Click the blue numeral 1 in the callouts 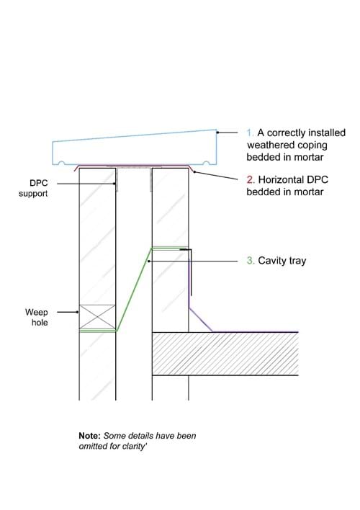coord(250,133)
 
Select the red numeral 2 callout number coord(251,179)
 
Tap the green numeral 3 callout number coord(251,260)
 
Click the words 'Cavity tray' coord(282,261)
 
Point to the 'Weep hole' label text coord(37,317)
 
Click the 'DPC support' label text coord(33,188)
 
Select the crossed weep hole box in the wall coord(98,317)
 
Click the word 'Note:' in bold coord(89,436)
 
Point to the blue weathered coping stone coord(135,148)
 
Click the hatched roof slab coord(225,354)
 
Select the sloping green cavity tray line coord(135,290)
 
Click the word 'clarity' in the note coord(134,446)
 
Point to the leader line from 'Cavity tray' coord(193,261)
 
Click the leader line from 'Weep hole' coord(68,312)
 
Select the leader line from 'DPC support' coord(86,184)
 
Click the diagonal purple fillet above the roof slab coord(201,320)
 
